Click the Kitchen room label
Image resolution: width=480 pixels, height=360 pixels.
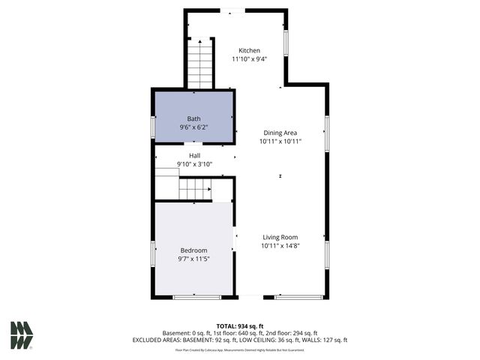(x=249, y=50)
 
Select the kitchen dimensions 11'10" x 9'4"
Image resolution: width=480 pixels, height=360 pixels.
(x=249, y=58)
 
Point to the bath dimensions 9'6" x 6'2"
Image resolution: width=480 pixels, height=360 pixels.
(x=193, y=127)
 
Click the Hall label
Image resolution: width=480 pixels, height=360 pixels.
(x=194, y=155)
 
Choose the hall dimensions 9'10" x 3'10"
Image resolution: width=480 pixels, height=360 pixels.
(x=194, y=164)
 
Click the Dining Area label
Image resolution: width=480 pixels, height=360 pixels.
(x=280, y=132)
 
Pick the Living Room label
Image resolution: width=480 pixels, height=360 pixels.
(x=280, y=237)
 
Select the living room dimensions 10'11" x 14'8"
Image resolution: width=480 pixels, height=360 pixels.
(x=280, y=246)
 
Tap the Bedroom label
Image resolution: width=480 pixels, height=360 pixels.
(x=193, y=250)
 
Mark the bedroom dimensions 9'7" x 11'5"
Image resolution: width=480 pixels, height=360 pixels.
(x=193, y=259)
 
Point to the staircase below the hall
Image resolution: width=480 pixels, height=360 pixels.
(x=194, y=189)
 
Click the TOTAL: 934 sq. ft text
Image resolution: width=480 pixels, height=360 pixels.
(x=240, y=326)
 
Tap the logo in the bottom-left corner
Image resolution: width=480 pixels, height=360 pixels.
(x=22, y=335)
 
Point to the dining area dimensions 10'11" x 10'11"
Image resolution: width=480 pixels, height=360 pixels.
(x=280, y=141)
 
